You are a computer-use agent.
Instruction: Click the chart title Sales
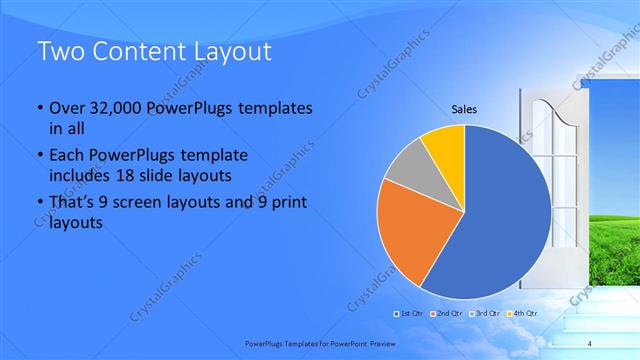[464, 109]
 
